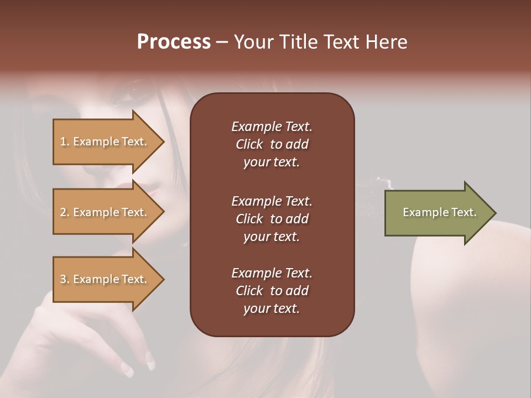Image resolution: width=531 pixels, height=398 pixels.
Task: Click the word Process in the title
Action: pos(174,42)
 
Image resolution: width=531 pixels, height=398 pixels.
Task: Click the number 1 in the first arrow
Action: pos(63,142)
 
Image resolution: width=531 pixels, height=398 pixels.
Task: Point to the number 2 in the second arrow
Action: pos(63,212)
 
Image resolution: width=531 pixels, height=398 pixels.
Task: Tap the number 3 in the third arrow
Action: pos(63,279)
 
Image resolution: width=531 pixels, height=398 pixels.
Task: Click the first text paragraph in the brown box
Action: pos(272,144)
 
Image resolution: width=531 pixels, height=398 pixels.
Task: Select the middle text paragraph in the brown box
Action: pos(272,219)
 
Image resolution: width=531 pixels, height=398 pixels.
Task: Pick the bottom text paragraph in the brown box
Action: pos(272,291)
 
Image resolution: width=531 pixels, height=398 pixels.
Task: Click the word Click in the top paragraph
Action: pos(249,145)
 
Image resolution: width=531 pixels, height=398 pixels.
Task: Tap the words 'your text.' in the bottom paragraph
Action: pos(272,309)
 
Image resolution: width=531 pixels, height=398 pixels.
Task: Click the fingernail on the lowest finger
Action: pos(127,370)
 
